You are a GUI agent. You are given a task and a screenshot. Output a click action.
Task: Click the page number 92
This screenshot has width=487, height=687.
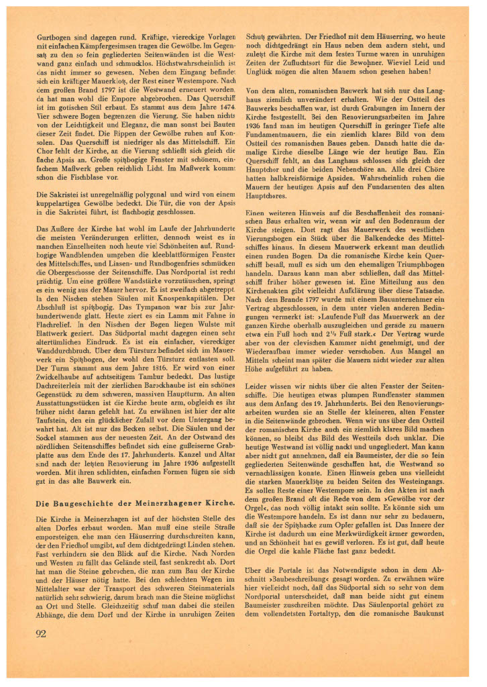[42, 633]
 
